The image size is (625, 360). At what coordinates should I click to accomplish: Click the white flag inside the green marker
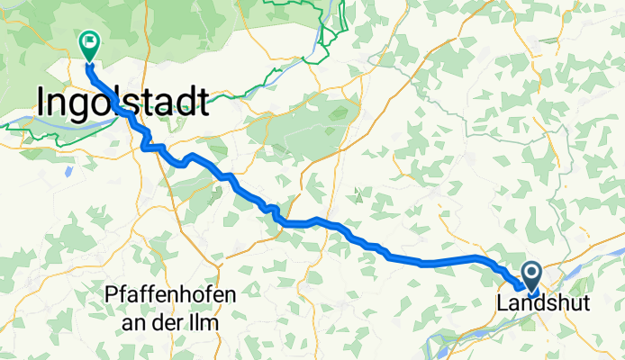click(90, 40)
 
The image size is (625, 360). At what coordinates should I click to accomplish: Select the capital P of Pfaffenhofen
click(110, 294)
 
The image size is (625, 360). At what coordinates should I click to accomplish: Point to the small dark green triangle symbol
click(358, 193)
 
